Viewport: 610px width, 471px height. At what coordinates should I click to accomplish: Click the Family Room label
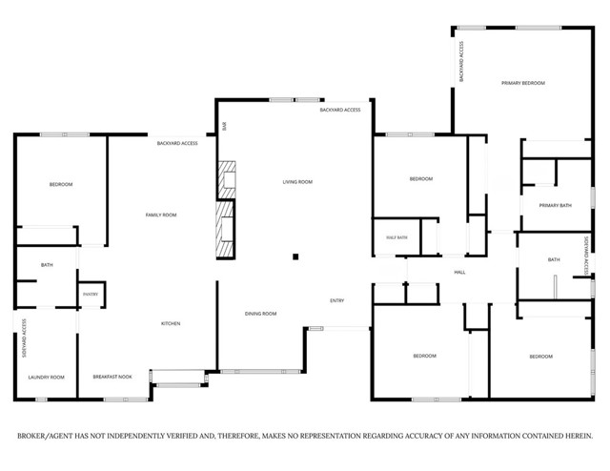click(160, 215)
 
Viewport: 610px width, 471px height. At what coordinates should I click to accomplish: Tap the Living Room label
click(296, 181)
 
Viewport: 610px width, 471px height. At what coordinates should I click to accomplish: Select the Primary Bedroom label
click(523, 83)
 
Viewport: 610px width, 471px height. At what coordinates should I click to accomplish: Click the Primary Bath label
click(555, 206)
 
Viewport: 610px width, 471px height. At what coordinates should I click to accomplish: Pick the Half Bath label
click(396, 237)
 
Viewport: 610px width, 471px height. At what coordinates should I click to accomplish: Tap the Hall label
click(458, 273)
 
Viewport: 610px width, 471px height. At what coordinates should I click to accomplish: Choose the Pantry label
click(91, 295)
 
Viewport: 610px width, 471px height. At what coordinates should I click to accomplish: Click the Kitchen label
click(171, 324)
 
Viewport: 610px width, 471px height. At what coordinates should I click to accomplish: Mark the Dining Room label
click(260, 314)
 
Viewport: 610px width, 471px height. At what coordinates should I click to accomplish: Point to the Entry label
click(336, 301)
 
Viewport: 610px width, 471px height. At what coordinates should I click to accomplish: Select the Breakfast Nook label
click(112, 378)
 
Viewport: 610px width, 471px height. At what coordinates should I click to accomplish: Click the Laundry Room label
click(47, 378)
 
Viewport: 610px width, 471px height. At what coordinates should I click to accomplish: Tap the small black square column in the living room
click(295, 256)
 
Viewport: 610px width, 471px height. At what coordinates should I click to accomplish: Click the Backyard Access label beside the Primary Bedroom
click(461, 61)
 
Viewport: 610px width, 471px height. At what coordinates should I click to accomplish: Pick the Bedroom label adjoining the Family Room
click(61, 184)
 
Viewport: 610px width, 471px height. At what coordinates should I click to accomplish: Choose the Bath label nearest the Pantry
click(47, 264)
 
